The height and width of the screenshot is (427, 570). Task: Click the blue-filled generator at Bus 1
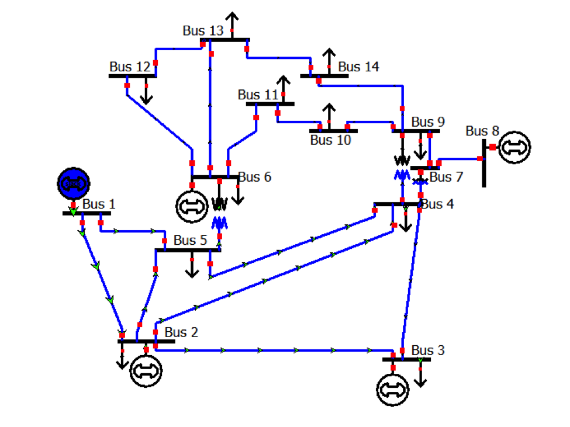click(73, 183)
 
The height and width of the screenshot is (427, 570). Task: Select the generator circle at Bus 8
click(514, 147)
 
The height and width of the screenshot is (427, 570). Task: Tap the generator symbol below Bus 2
click(146, 370)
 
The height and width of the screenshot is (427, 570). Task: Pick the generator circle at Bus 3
click(393, 389)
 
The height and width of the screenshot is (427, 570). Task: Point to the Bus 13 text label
click(203, 31)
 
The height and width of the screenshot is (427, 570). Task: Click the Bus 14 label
click(358, 67)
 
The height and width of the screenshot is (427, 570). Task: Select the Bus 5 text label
click(190, 240)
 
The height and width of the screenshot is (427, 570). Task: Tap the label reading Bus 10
click(330, 140)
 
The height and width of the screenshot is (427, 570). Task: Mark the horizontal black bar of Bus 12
click(133, 76)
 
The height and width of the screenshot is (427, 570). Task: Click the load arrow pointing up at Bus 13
click(233, 23)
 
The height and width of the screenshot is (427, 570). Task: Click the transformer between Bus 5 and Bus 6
click(219, 213)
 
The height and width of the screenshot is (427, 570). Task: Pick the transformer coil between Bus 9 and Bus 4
click(402, 167)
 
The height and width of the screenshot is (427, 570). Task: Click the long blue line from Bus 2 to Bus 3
click(263, 350)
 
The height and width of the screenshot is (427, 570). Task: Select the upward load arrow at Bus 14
click(329, 60)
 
